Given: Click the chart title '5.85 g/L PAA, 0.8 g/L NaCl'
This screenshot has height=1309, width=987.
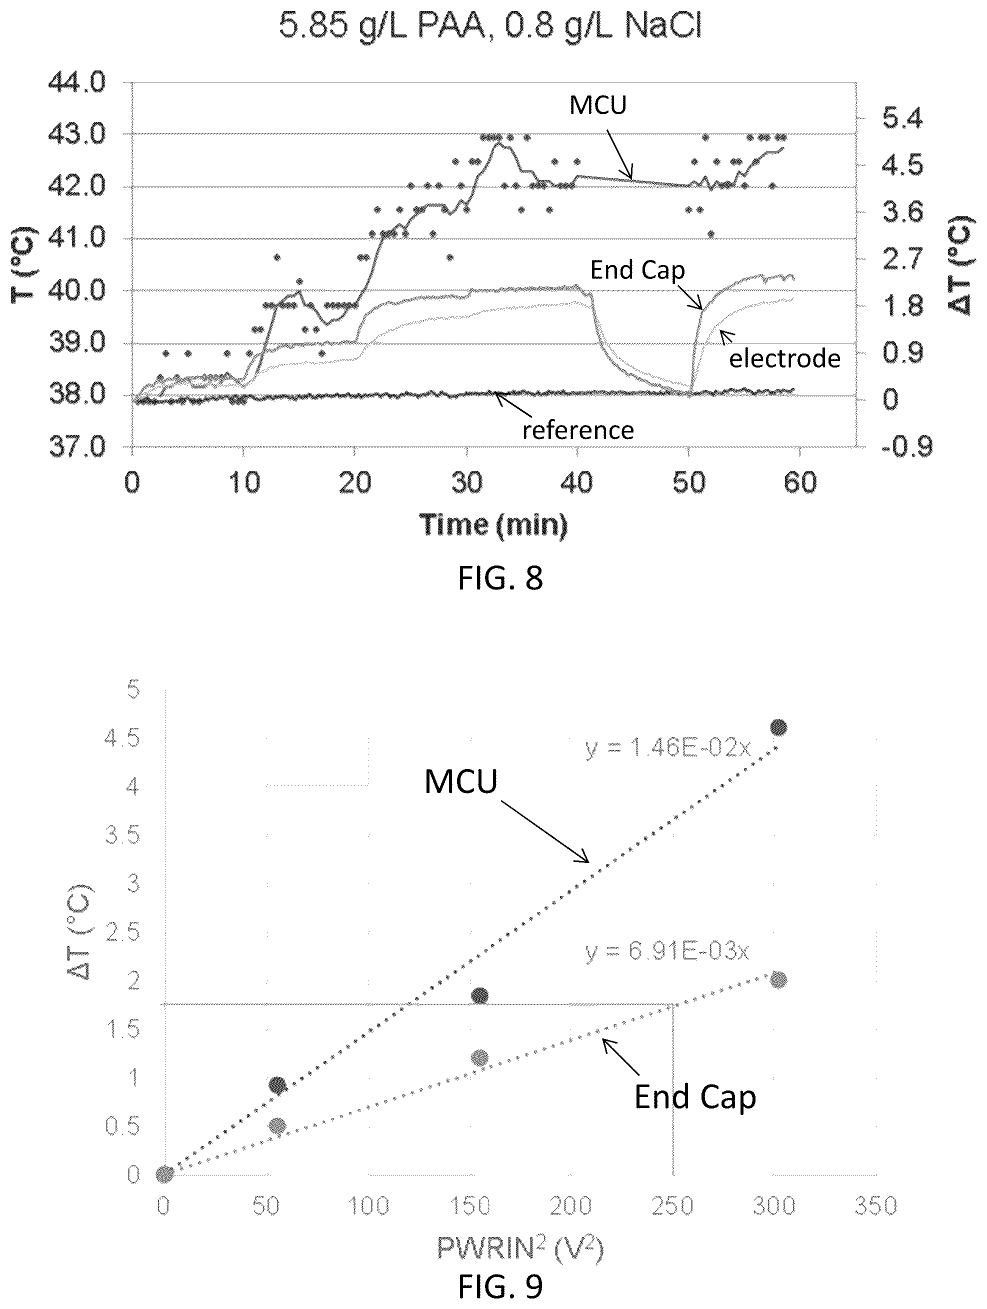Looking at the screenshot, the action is point(490,26).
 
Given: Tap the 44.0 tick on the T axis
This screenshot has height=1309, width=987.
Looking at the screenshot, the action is point(77,83).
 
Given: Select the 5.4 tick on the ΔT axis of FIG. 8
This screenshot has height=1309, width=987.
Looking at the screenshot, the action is point(902,119).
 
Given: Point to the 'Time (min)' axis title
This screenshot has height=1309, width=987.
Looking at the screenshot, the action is point(493,524).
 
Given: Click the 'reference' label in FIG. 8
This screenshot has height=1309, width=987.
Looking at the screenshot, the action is point(577,430).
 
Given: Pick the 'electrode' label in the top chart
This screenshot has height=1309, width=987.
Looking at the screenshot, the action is point(784,358).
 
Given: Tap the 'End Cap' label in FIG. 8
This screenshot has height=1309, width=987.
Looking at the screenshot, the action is point(638,270).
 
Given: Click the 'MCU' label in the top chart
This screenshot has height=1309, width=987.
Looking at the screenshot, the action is point(597,104).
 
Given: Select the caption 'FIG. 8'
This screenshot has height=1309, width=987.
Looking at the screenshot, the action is point(500,578).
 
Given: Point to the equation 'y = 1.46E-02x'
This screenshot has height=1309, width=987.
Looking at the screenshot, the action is point(668,748).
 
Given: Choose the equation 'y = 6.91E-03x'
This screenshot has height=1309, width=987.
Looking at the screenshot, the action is point(668,951).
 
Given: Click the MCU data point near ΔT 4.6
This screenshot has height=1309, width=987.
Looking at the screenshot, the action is point(778,727).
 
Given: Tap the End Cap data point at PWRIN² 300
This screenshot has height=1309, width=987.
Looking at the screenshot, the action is point(778,980).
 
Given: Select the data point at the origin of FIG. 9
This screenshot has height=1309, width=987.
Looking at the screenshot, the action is point(164,1174).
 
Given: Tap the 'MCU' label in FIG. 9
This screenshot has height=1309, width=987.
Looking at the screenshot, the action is point(461,781).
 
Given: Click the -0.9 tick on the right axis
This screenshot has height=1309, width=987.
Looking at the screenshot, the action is point(906,447).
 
